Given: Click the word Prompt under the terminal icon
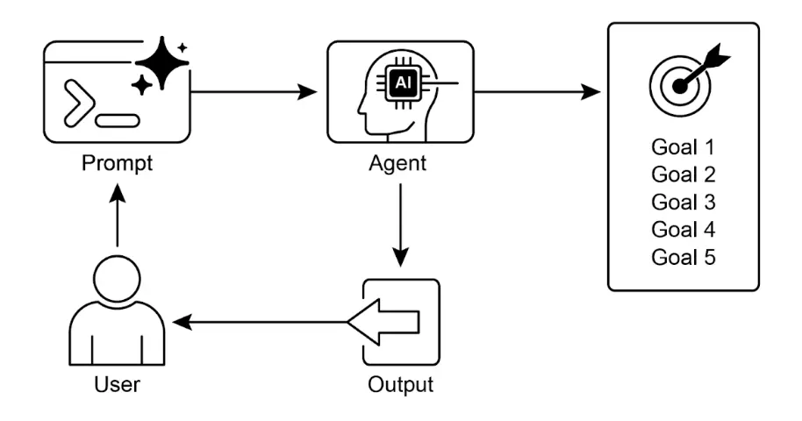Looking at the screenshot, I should (x=117, y=164).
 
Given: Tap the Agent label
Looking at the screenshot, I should (x=400, y=164).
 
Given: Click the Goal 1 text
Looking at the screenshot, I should (x=684, y=146).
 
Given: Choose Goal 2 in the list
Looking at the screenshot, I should (x=684, y=174).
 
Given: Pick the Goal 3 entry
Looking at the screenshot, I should (x=684, y=202).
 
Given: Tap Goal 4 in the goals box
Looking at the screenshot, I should (x=684, y=230).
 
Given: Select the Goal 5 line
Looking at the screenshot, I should (x=684, y=258).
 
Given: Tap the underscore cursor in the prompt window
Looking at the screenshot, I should (x=117, y=119).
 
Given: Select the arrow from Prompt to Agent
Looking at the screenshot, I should (x=254, y=91).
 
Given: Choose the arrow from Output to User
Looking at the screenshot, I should (x=263, y=323).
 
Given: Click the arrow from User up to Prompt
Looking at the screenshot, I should (x=117, y=219).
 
